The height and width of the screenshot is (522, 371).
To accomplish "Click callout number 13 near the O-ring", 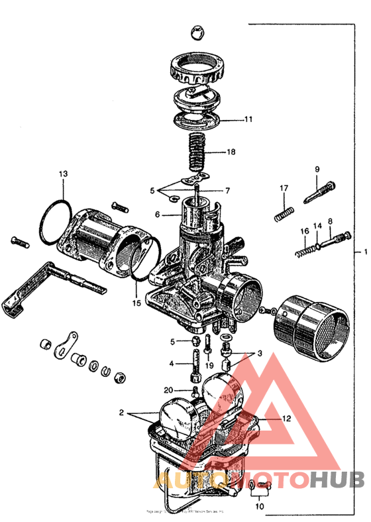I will [x=62, y=174].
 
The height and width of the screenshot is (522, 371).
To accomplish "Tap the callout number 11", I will [x=248, y=120].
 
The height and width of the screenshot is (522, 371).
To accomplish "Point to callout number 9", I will [x=317, y=169].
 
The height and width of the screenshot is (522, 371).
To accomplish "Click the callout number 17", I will [x=284, y=189].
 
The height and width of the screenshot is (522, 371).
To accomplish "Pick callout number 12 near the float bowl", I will [x=286, y=418].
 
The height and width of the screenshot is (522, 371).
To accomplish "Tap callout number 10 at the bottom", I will [x=259, y=506].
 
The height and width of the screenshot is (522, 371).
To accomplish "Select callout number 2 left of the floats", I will [x=121, y=412].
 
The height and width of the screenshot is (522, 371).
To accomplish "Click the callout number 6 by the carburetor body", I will [x=158, y=214].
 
